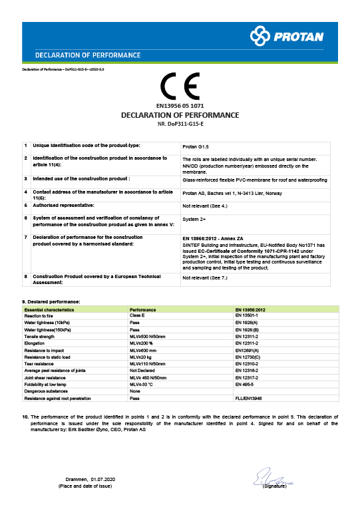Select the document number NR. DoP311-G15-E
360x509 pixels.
coord(180,124)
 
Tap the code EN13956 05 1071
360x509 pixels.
coord(180,106)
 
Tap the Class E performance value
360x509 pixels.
coord(138,316)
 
